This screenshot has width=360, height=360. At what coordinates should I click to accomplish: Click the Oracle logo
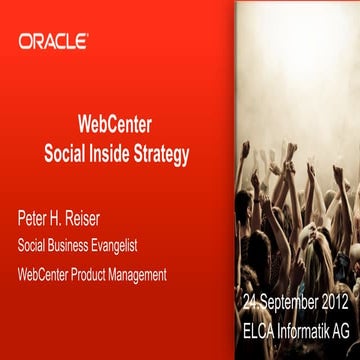[53, 41]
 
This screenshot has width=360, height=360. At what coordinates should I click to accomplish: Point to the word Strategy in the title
[163, 154]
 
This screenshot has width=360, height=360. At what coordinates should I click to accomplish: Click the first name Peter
[35, 216]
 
